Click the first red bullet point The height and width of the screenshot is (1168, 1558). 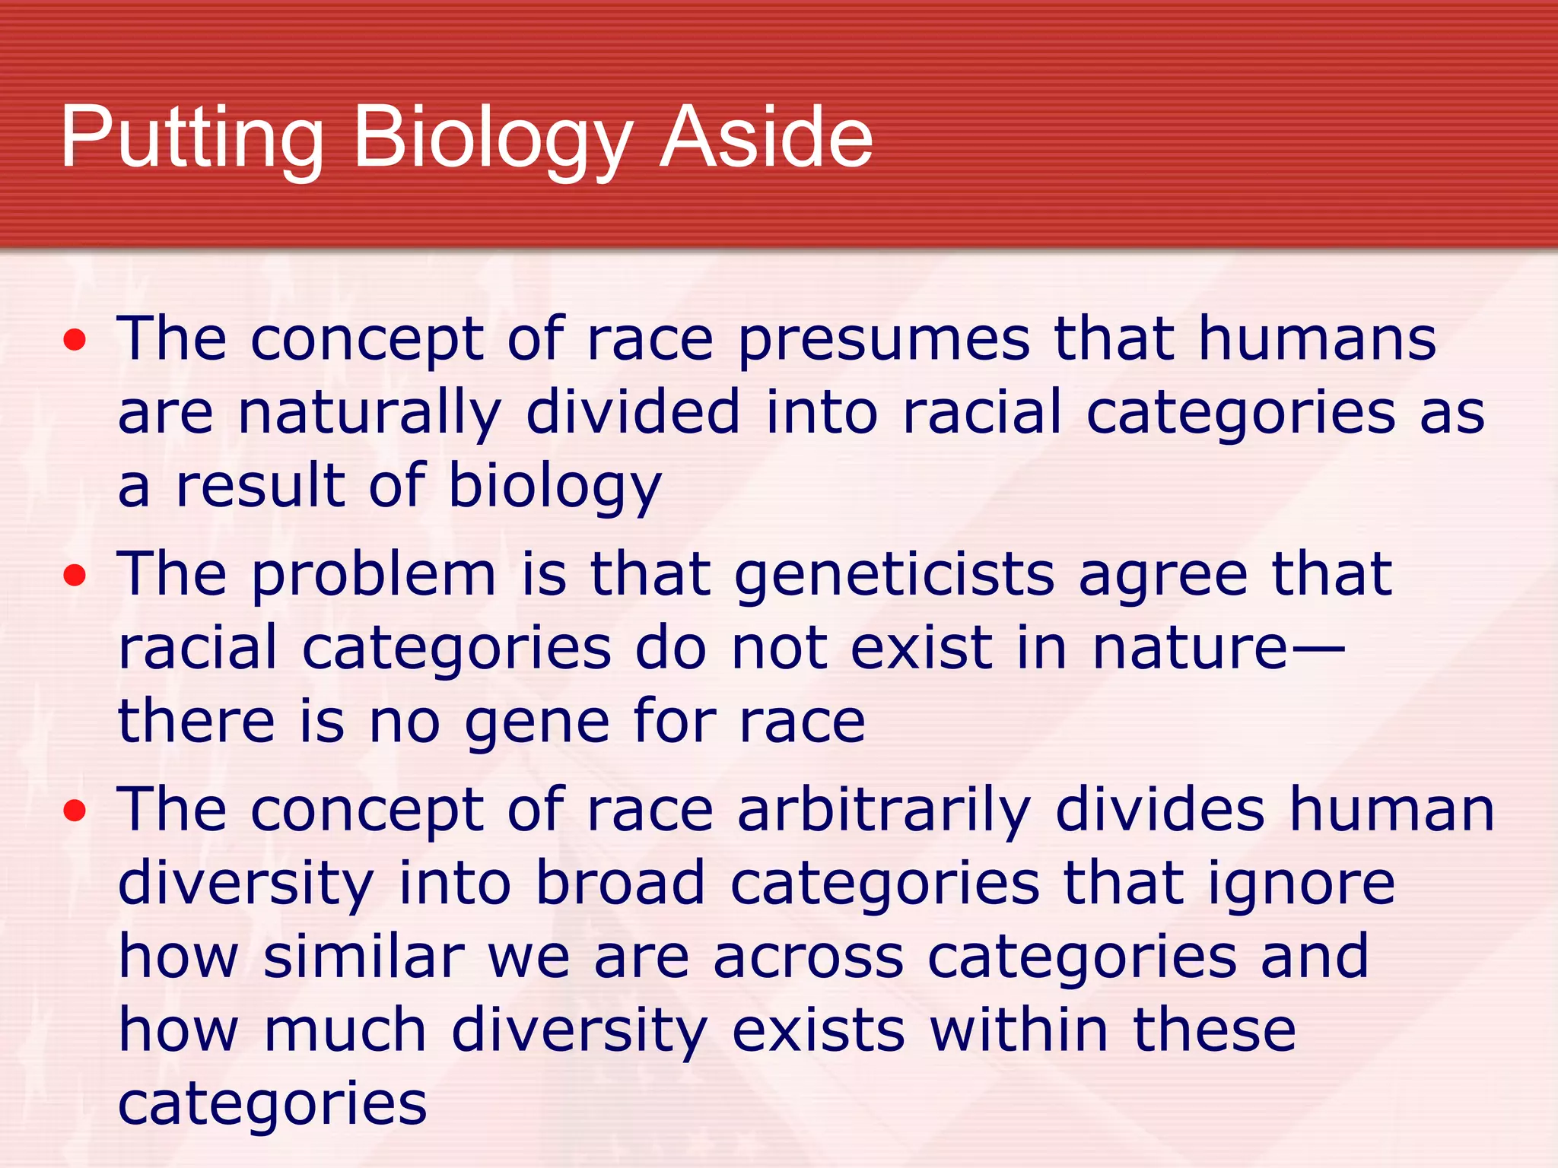coord(75,341)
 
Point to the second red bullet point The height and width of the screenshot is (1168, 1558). coord(75,576)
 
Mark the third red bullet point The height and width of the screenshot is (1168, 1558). coord(75,811)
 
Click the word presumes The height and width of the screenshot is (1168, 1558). coord(884,340)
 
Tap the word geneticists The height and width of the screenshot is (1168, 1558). coord(894,576)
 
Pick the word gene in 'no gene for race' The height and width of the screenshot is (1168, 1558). coord(536,722)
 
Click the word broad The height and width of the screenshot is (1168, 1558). coord(620,884)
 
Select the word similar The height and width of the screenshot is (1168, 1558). coord(364,957)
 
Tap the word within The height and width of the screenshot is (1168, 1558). coord(1019,1030)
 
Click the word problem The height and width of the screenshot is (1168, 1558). coord(373,576)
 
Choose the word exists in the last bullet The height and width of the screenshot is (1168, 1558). coord(819,1030)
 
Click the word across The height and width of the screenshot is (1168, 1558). coord(809,958)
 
